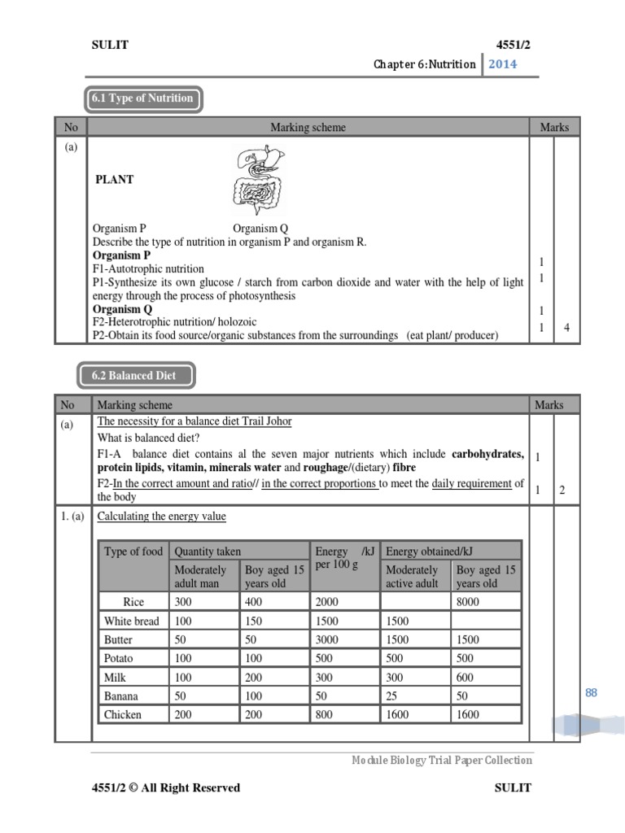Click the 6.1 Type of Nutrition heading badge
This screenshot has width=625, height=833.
tap(142, 99)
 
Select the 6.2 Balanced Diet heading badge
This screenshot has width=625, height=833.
tap(137, 377)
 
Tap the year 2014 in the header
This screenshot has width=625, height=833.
tap(502, 64)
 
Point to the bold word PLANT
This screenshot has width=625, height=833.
tap(114, 180)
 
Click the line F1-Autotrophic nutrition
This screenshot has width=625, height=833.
tap(148, 268)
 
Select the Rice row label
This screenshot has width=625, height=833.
tap(133, 603)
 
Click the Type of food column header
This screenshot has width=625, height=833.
tap(133, 552)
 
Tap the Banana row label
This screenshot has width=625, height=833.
tap(121, 696)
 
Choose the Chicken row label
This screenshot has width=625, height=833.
tap(123, 715)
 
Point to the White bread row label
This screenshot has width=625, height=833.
tap(132, 621)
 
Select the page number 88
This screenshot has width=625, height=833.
tap(591, 692)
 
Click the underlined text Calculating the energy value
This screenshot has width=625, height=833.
tap(161, 517)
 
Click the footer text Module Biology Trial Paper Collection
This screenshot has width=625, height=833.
tap(442, 761)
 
